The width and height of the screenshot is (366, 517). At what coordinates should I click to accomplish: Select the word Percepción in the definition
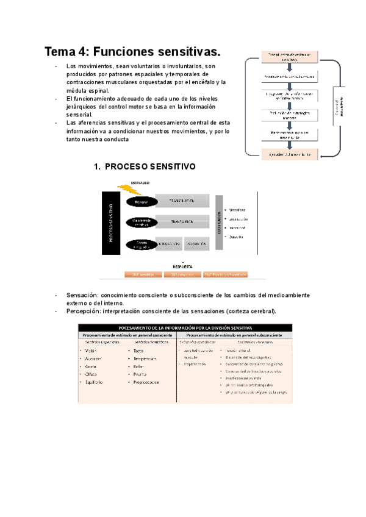[x=84, y=311]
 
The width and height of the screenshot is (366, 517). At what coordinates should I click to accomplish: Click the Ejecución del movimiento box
[x=290, y=155]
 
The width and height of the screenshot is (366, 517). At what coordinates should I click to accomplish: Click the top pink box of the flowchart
[x=290, y=57]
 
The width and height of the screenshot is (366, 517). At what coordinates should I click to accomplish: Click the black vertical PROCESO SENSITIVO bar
[x=112, y=222]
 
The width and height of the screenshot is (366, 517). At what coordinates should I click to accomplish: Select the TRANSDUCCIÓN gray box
[x=182, y=201]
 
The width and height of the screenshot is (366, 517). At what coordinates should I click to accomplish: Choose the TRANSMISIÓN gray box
[x=182, y=221]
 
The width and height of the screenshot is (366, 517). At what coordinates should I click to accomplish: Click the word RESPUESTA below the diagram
[x=183, y=266]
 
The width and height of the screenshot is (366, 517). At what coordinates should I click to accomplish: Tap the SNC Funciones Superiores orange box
[x=226, y=275]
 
